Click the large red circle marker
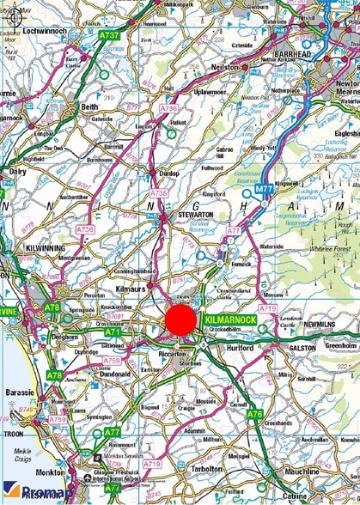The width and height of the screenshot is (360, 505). click(x=180, y=321)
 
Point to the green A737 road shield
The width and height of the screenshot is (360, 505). click(x=109, y=35)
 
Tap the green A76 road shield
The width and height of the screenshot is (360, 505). click(x=254, y=414)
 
